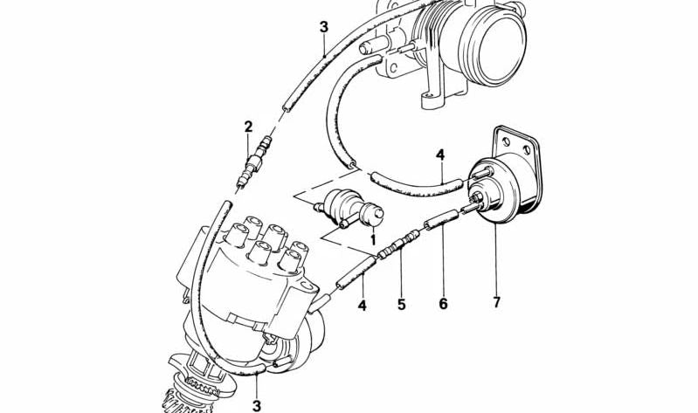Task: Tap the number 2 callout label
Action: [248, 127]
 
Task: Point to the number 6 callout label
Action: [443, 304]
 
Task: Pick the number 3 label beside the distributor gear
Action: [256, 405]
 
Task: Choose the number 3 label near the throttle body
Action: [323, 27]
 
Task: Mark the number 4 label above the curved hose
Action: [440, 155]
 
